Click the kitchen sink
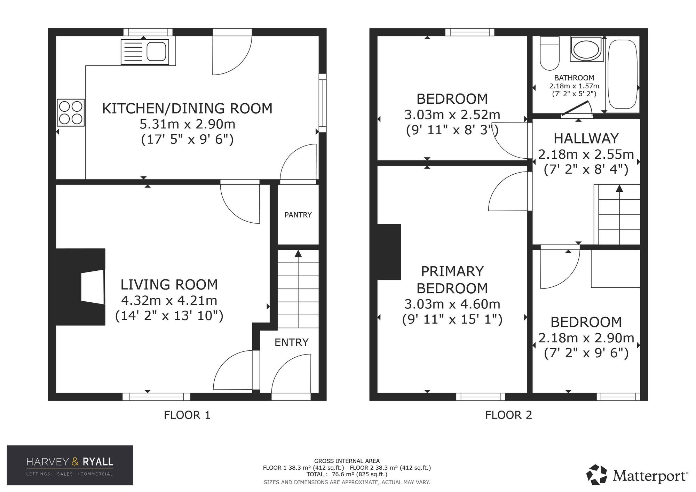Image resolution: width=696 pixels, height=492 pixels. coord(145,52)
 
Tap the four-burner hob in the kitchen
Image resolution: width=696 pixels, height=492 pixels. coord(71,112)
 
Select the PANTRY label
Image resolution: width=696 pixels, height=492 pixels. coord(298,215)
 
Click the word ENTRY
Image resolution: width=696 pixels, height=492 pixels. coord(292,342)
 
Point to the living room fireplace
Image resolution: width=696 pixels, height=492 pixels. coord(81,287)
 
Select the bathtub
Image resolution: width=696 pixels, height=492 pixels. coord(623,75)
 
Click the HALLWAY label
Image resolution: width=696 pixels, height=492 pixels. coord(586,138)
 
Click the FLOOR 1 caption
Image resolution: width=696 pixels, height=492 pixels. coord(187,415)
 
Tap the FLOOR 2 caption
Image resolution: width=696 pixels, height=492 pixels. coord(509,415)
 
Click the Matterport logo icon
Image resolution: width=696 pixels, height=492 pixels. coord(597,475)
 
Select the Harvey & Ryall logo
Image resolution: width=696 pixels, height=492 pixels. coord(70,465)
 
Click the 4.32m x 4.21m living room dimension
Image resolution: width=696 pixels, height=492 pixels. coord(169,300)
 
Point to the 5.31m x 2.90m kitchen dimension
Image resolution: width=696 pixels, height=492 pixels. coord(188,124)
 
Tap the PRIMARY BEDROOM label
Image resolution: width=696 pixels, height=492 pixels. coord(452,280)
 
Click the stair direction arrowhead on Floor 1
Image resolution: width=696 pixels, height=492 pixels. coord(298,253)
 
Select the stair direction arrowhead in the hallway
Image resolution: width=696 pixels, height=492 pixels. coord(619,188)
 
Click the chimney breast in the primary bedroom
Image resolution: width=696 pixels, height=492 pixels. coord(389,252)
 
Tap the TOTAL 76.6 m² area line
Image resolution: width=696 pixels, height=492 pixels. coord(347,474)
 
